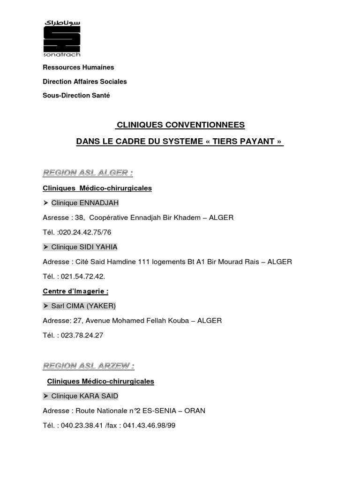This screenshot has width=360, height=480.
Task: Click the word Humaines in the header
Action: tap(97, 67)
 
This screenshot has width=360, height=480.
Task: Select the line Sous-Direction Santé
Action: tap(76, 95)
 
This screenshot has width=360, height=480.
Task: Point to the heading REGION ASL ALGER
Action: tap(88, 173)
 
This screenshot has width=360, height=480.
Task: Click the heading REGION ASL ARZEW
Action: tap(89, 366)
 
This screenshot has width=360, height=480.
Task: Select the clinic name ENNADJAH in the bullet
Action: tap(100, 203)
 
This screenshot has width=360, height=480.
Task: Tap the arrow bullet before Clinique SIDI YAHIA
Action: tap(45, 247)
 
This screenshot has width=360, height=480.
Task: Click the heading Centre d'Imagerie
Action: tap(75, 291)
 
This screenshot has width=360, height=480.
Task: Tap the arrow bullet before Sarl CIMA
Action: tap(45, 306)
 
